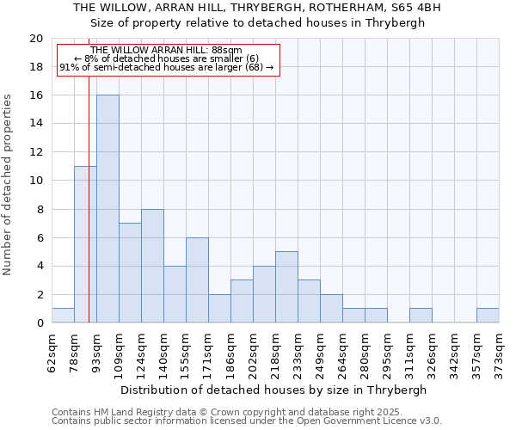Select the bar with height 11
click(85, 244)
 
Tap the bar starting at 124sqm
click(152, 266)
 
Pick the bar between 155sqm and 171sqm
click(197, 280)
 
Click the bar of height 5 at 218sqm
click(286, 287)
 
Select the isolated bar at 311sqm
click(421, 316)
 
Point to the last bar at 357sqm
click(488, 316)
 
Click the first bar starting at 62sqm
click(63, 316)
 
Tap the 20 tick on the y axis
click(35, 39)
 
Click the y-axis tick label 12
click(35, 152)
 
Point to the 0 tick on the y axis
click(39, 323)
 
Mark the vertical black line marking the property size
click(89, 215)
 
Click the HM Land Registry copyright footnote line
click(233, 412)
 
